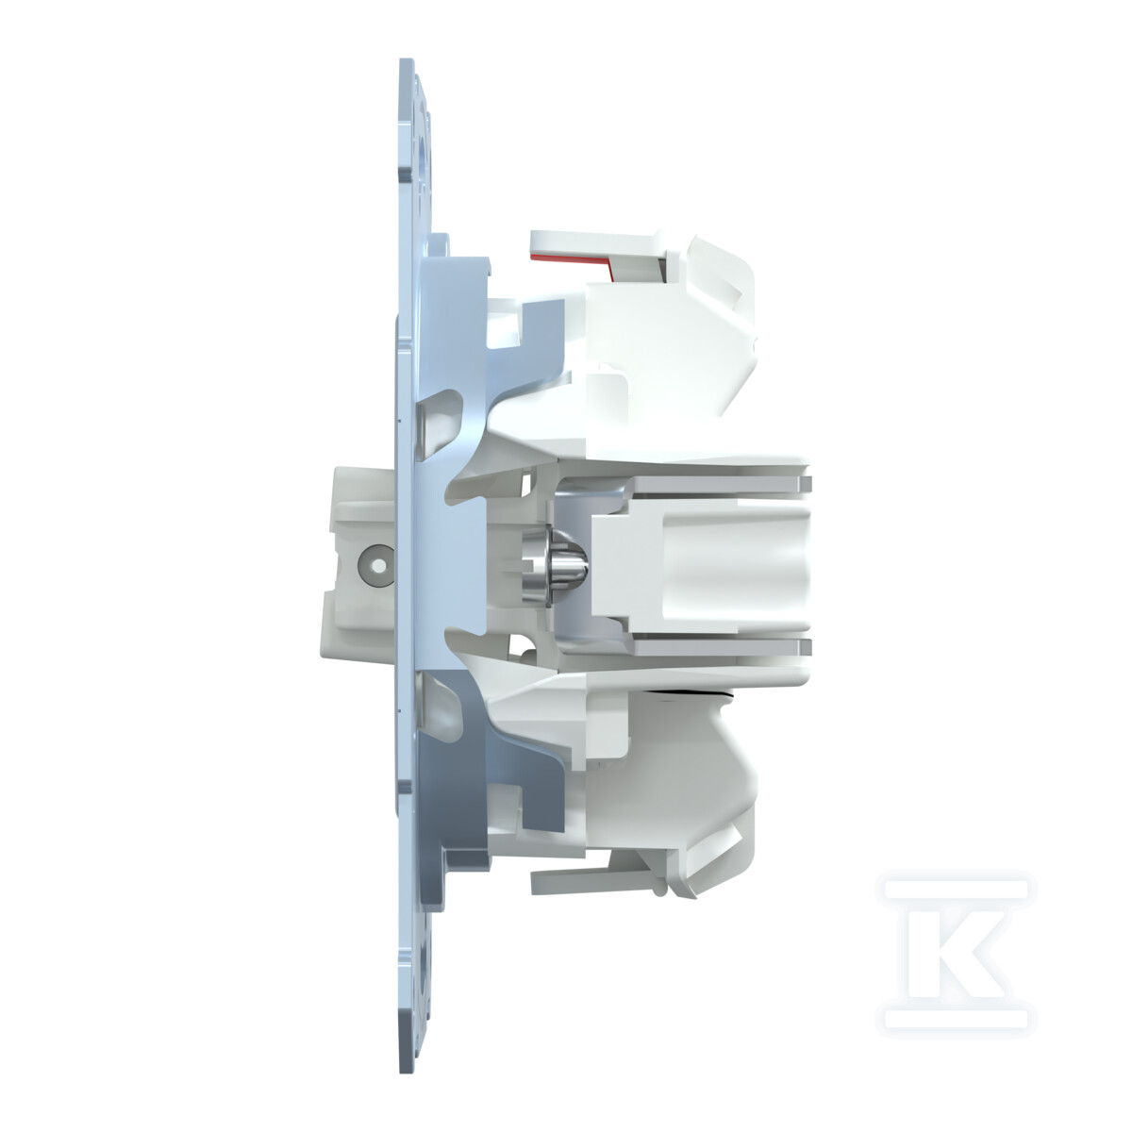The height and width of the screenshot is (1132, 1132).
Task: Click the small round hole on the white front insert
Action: point(380,566)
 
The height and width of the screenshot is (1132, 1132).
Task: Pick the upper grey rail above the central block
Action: point(722,484)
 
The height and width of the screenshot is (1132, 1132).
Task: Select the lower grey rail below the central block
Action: point(722,647)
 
